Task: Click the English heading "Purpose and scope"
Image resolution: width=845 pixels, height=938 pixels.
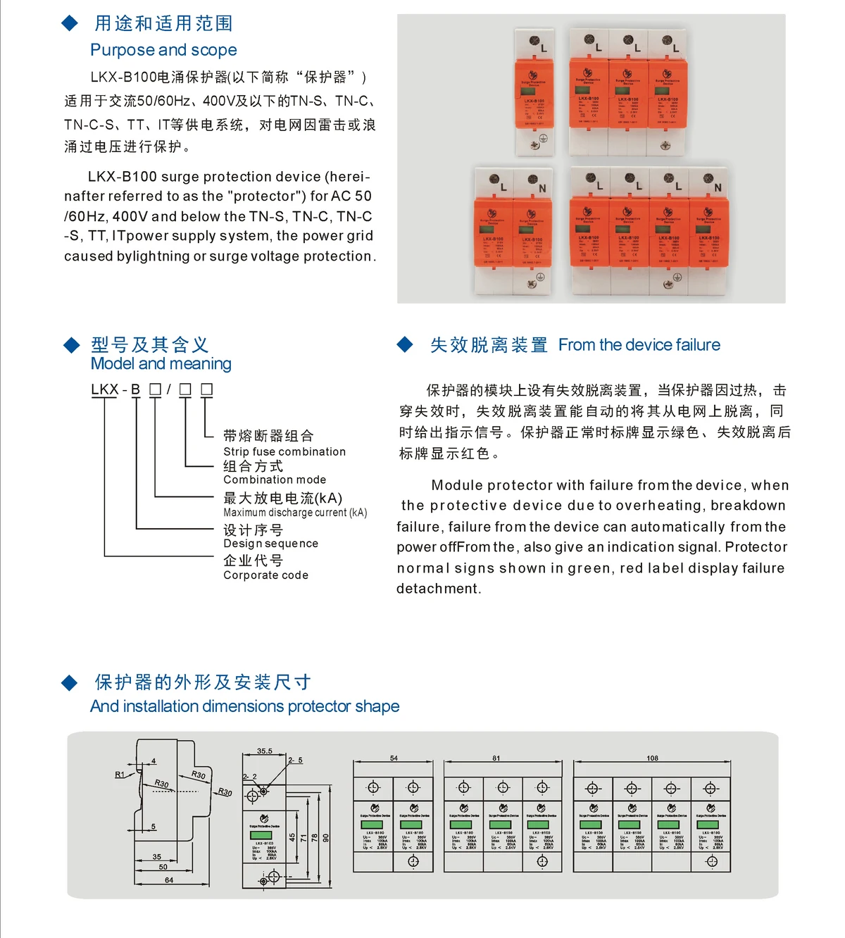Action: point(163,50)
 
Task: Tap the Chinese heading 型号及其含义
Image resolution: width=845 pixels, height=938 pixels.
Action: point(150,344)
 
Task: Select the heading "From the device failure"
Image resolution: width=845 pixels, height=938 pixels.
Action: point(639,345)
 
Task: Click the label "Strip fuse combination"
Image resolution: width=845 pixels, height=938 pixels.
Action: point(284,451)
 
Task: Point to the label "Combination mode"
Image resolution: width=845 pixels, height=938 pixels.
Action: point(275,480)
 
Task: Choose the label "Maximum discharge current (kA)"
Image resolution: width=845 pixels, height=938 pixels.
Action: point(295,513)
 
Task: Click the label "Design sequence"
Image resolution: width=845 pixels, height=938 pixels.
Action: point(270,544)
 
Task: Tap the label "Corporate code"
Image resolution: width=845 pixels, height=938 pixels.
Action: point(265,575)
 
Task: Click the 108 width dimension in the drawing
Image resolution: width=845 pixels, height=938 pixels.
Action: point(652,758)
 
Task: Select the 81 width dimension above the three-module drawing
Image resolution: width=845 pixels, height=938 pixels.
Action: point(496,758)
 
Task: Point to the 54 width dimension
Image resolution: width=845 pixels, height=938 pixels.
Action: point(394,758)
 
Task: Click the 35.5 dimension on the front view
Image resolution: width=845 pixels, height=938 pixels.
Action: point(264,751)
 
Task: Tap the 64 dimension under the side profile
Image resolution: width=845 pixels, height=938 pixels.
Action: point(169,880)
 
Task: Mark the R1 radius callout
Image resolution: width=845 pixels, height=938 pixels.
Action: point(120,775)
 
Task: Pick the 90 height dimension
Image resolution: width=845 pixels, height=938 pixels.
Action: point(326,837)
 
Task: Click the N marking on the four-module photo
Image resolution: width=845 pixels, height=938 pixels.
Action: point(718,187)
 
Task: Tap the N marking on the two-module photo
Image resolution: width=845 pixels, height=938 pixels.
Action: point(542,188)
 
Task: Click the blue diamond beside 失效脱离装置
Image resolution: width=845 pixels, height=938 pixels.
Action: point(405,344)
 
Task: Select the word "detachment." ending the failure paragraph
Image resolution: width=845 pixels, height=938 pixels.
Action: point(438,589)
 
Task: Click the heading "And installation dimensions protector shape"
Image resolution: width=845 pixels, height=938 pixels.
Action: point(244,706)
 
